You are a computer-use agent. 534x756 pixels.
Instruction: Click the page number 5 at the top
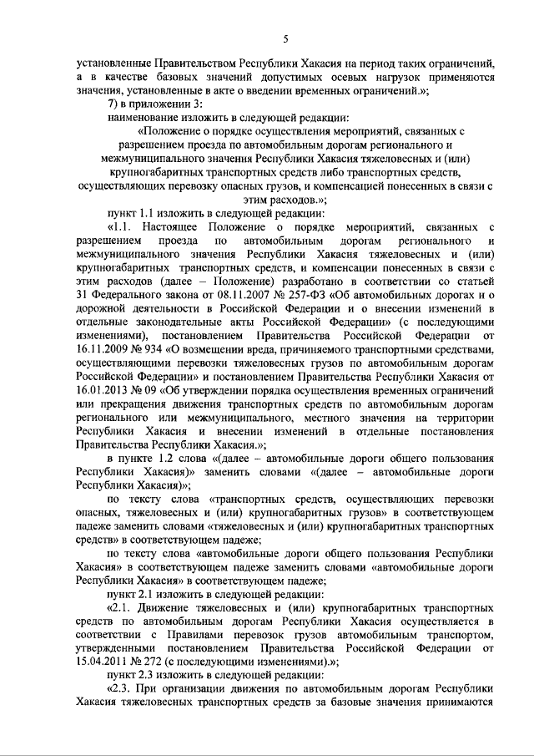coord(285,38)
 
